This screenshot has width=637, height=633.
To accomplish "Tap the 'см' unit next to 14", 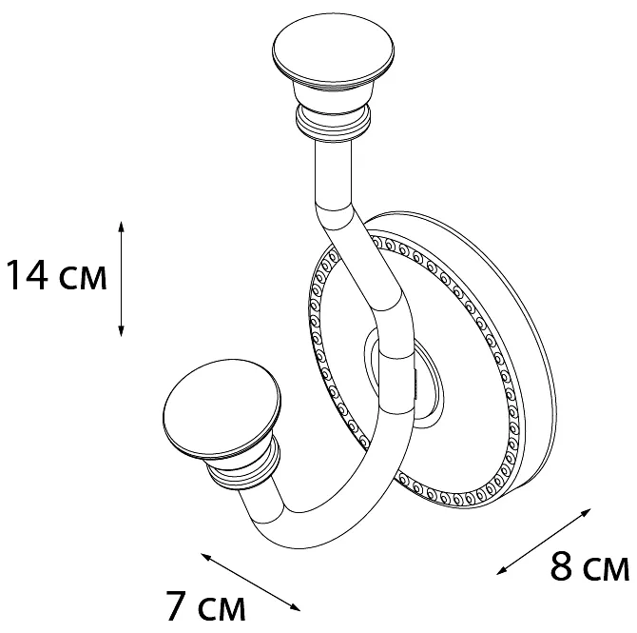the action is click(x=83, y=278).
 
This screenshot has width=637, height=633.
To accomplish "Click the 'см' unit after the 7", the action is click(x=221, y=608).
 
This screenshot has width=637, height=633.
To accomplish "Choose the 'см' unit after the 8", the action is click(x=606, y=568).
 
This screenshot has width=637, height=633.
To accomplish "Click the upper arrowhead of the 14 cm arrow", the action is click(x=121, y=227).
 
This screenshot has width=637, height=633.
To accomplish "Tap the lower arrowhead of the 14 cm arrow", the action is click(x=121, y=331).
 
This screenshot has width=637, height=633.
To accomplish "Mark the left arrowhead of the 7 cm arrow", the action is click(x=206, y=557).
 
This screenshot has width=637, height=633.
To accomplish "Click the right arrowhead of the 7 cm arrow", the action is click(x=295, y=607).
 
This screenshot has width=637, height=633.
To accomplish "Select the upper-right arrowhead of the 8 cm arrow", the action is click(x=586, y=512).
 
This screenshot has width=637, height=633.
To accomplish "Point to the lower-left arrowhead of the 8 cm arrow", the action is click(x=502, y=570).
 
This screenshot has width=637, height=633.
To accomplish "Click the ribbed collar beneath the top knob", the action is click(x=333, y=122).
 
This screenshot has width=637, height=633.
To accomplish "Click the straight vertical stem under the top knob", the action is click(x=333, y=175).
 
